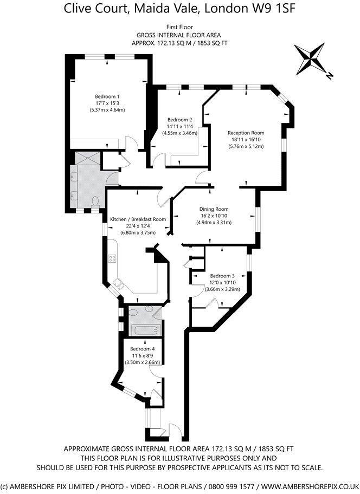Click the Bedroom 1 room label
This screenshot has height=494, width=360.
point(107,96)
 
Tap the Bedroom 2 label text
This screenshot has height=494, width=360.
point(180,120)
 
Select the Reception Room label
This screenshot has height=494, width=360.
point(246,133)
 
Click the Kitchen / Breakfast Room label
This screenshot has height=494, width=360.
point(138,219)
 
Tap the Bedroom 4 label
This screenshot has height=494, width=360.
point(142,348)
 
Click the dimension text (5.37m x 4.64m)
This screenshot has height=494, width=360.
point(107,110)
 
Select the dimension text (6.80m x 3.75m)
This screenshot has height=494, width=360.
point(138,233)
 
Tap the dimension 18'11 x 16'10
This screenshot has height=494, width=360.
point(246,139)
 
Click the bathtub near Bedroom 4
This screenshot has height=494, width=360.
point(143,330)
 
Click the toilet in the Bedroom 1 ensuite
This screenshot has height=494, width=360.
point(95,201)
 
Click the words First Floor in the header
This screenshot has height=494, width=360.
point(179,27)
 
